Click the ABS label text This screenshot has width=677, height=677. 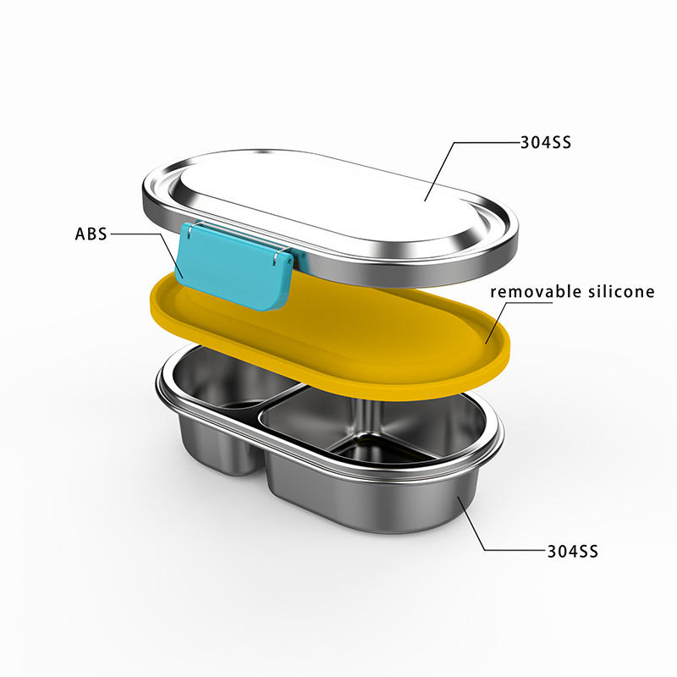[x=91, y=234]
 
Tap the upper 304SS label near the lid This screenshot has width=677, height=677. [x=546, y=142]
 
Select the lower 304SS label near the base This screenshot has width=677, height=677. [x=573, y=552]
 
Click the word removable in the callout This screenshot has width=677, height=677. [x=536, y=291]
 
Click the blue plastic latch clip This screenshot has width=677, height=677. [x=235, y=266]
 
